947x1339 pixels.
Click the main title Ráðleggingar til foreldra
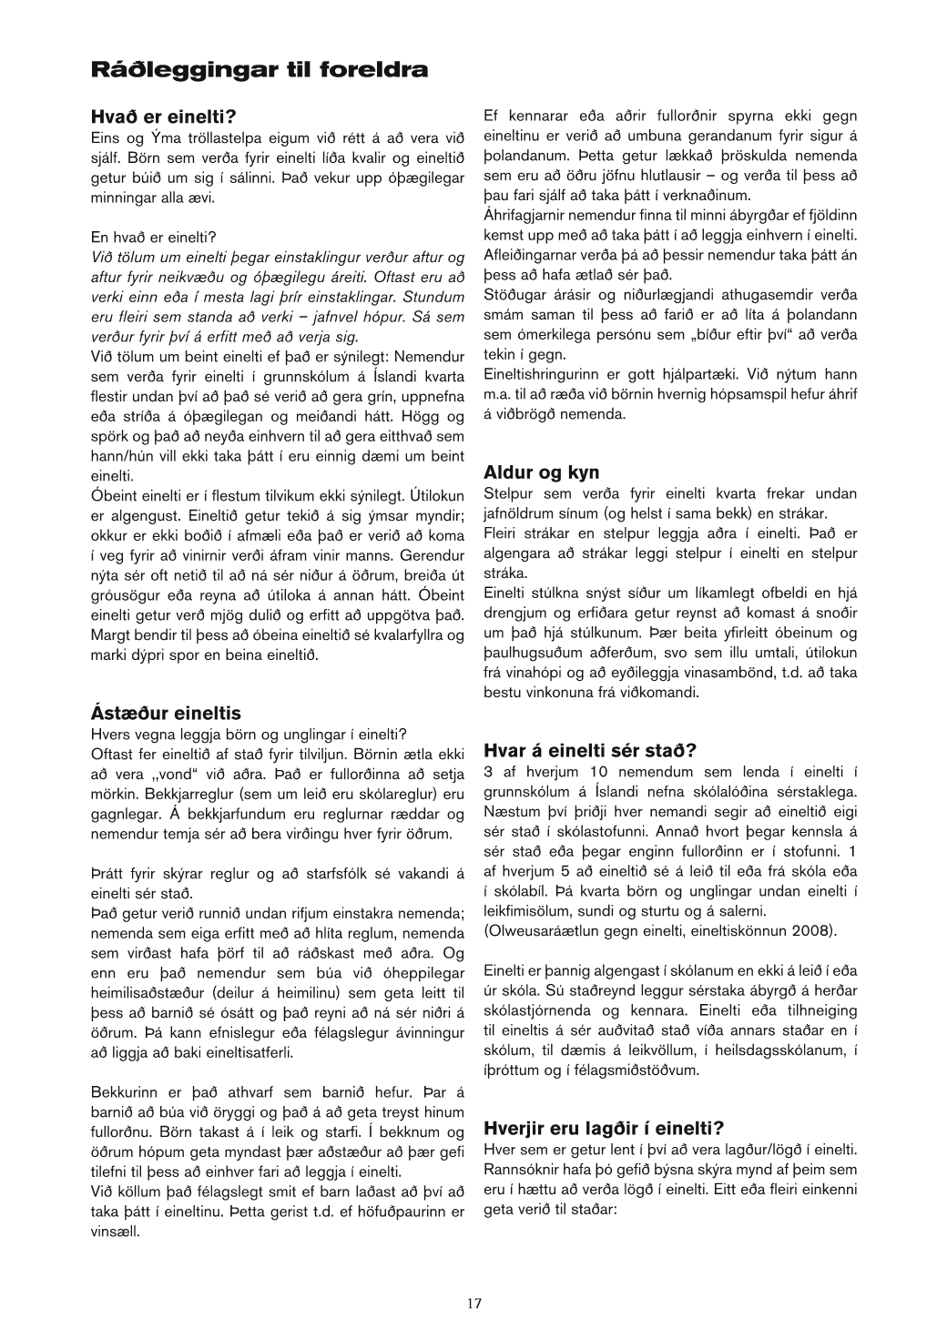(x=259, y=69)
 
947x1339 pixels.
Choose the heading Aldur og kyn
(x=541, y=472)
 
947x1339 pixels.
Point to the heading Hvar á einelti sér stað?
(x=589, y=751)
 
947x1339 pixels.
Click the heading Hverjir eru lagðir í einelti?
(x=603, y=1129)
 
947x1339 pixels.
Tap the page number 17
(x=473, y=1303)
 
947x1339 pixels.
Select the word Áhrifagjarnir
(x=524, y=216)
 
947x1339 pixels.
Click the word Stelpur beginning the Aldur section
(x=510, y=493)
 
